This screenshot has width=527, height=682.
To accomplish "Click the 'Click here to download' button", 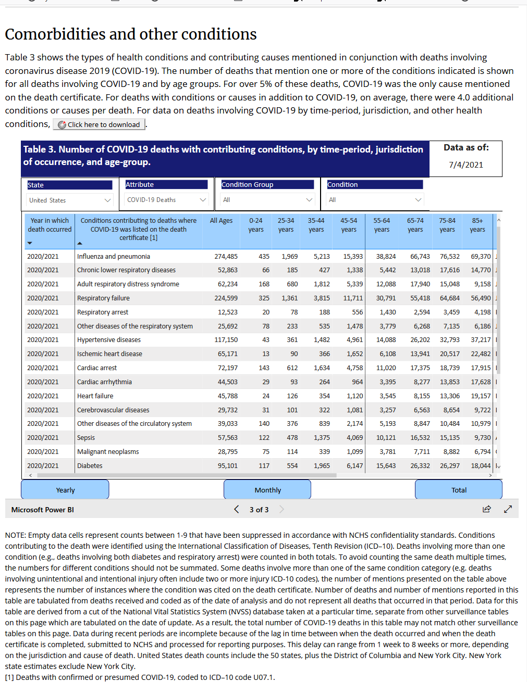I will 99,124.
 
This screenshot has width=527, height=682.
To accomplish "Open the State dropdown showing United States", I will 70,200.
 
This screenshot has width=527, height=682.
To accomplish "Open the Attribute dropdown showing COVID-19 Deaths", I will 166,200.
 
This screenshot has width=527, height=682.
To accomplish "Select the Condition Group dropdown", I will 267,200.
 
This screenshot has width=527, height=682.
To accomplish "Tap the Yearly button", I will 65,490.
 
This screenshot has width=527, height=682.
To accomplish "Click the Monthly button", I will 267,490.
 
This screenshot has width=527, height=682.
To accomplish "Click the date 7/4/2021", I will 465,165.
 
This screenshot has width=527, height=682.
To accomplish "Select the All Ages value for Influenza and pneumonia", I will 226,256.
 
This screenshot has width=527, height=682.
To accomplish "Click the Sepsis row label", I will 86,438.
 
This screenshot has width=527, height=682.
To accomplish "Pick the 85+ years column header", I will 477,225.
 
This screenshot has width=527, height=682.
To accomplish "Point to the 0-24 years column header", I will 255,225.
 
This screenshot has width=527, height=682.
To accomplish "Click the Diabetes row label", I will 90,466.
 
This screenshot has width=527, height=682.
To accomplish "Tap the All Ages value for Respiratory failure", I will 226,298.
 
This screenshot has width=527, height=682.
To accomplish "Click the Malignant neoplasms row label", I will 108,452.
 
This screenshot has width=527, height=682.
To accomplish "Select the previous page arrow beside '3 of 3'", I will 237,509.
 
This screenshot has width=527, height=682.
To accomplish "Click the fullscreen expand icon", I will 508,509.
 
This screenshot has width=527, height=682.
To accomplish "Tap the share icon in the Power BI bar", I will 486,509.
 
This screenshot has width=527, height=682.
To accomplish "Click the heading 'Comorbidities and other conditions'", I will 131,34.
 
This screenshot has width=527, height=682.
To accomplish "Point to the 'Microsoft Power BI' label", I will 43,510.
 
